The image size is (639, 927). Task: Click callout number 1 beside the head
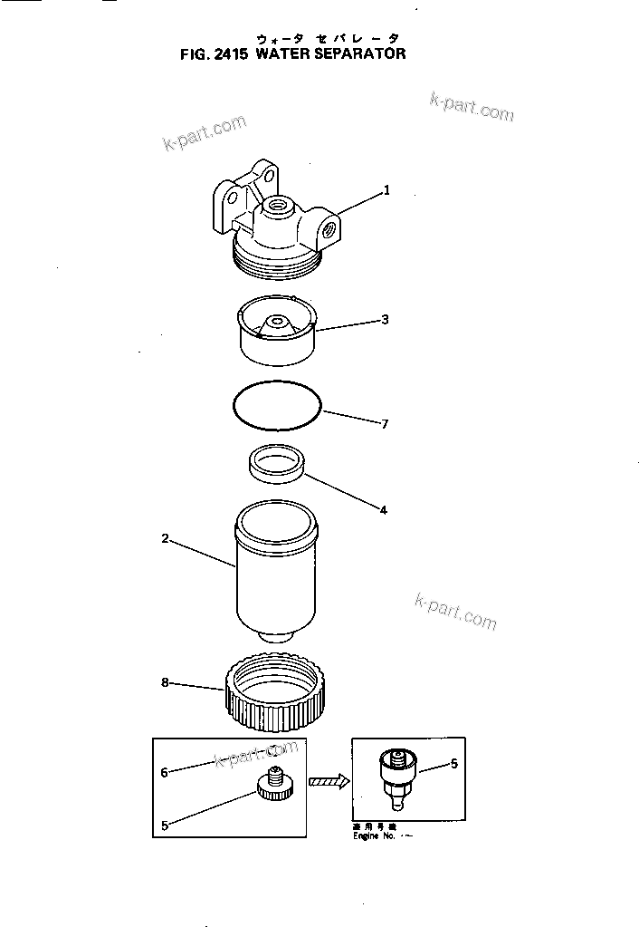(x=386, y=190)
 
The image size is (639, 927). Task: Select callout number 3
(x=385, y=319)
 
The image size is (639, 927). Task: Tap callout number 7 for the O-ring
(x=385, y=423)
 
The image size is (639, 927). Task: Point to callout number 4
(x=383, y=510)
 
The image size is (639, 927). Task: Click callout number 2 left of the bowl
(x=165, y=538)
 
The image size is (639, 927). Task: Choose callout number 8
(x=165, y=682)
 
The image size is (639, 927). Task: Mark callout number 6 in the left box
(x=165, y=772)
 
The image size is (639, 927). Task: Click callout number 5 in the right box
(x=453, y=764)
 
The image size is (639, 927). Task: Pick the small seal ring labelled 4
(x=277, y=465)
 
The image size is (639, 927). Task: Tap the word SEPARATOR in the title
(x=358, y=53)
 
